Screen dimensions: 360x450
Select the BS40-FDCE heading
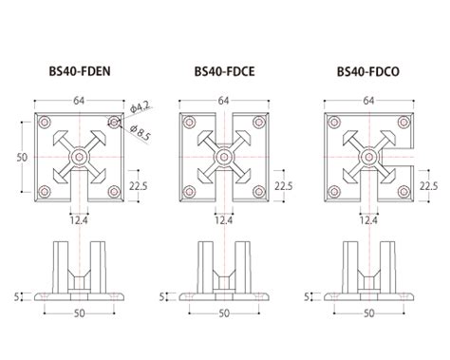point(223,70)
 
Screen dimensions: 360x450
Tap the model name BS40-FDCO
point(367,70)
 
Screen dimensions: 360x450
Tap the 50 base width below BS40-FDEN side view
point(80,312)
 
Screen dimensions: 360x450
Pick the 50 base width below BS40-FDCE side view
point(224,312)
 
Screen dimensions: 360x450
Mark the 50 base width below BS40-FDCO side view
point(368,312)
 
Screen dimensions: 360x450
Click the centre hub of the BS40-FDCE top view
point(224,154)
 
